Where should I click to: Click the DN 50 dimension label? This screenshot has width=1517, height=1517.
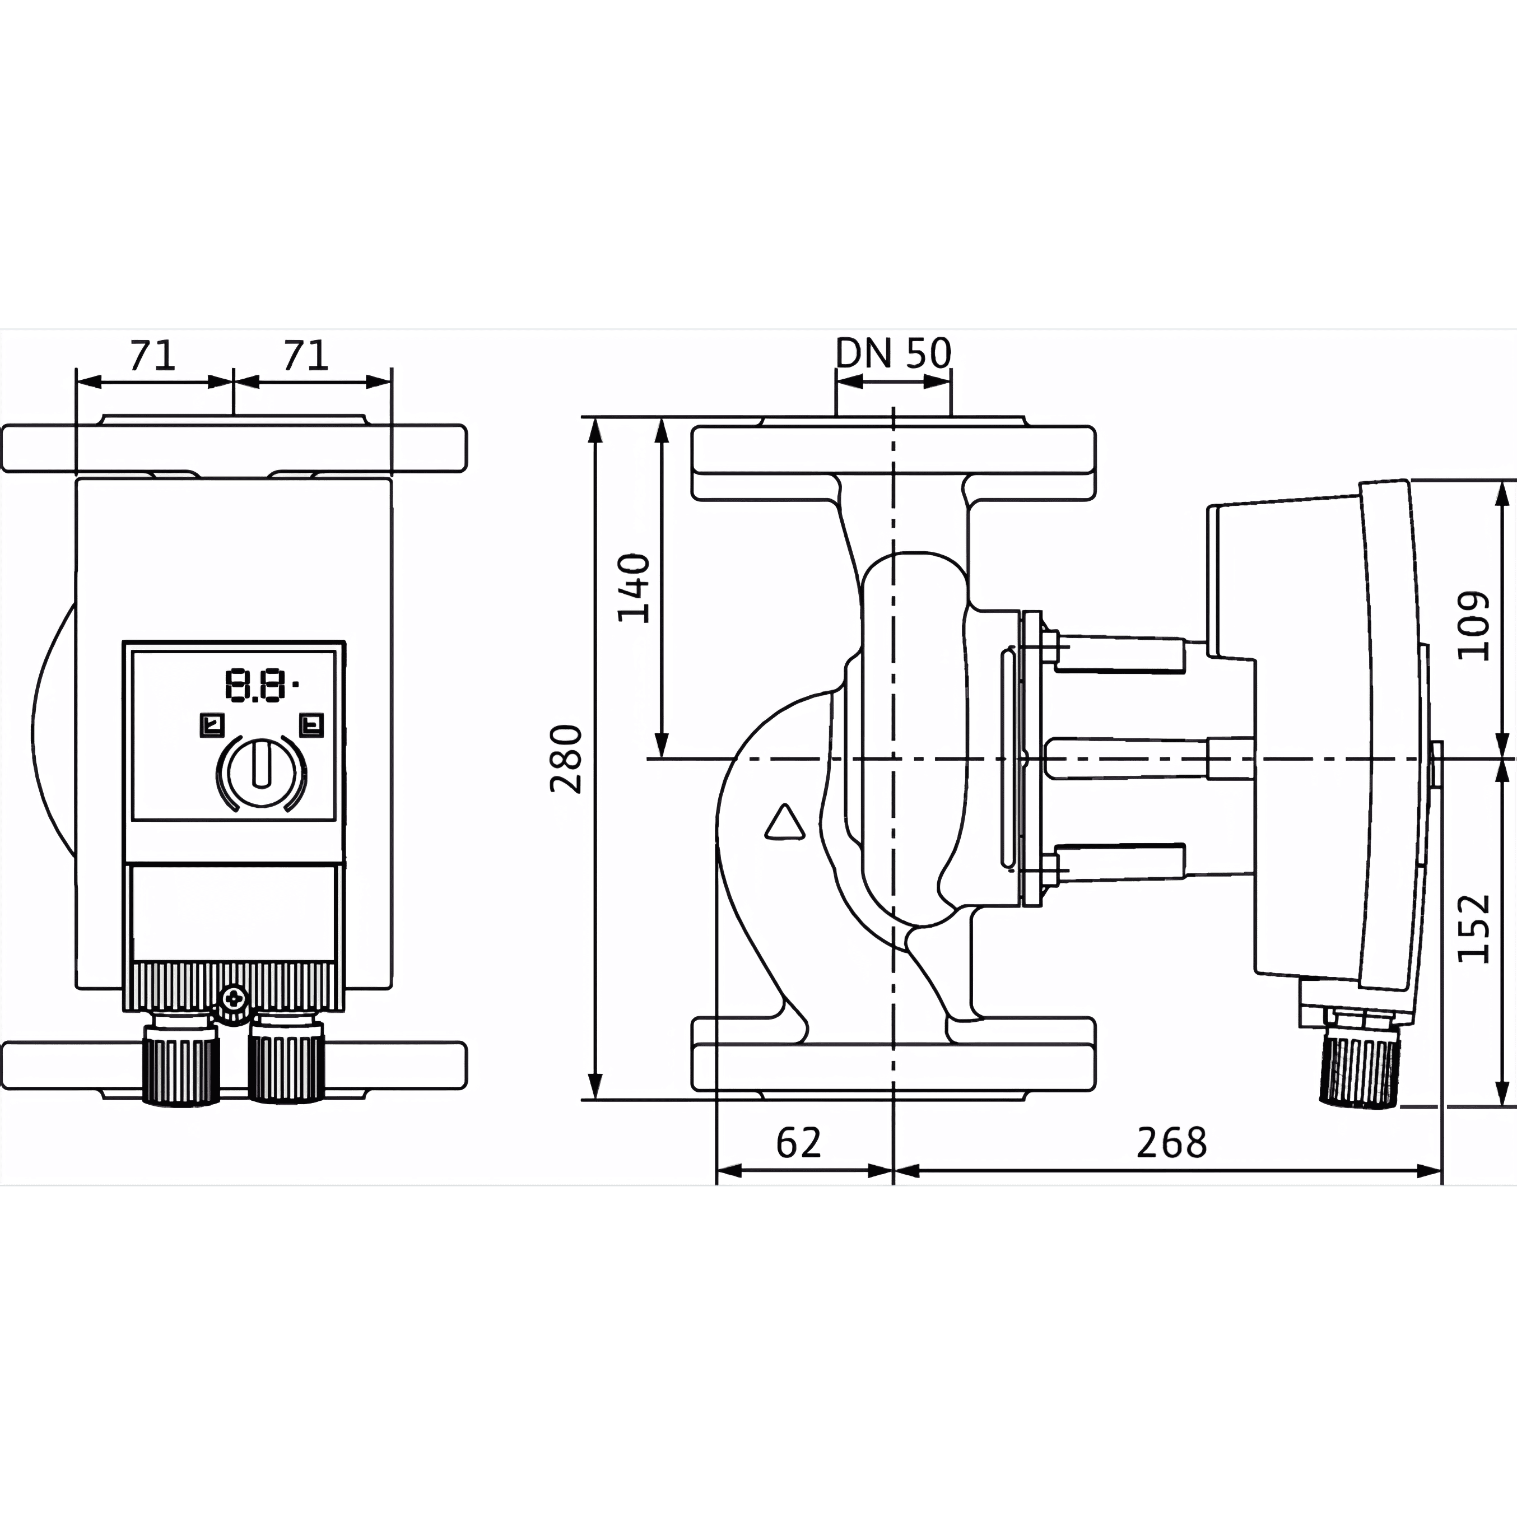(893, 353)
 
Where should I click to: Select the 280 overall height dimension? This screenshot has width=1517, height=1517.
(566, 759)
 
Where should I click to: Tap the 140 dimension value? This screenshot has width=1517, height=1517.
(635, 588)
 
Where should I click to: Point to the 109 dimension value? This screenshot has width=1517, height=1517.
(1473, 626)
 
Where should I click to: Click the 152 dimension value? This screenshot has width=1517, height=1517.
(1473, 927)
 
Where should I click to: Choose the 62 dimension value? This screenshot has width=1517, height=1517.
(798, 1143)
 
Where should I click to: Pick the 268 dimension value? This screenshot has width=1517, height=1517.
(1171, 1143)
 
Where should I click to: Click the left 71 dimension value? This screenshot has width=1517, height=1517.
(153, 355)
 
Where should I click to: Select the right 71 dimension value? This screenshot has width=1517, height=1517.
(305, 355)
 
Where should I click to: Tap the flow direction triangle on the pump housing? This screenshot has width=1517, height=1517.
(784, 823)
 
